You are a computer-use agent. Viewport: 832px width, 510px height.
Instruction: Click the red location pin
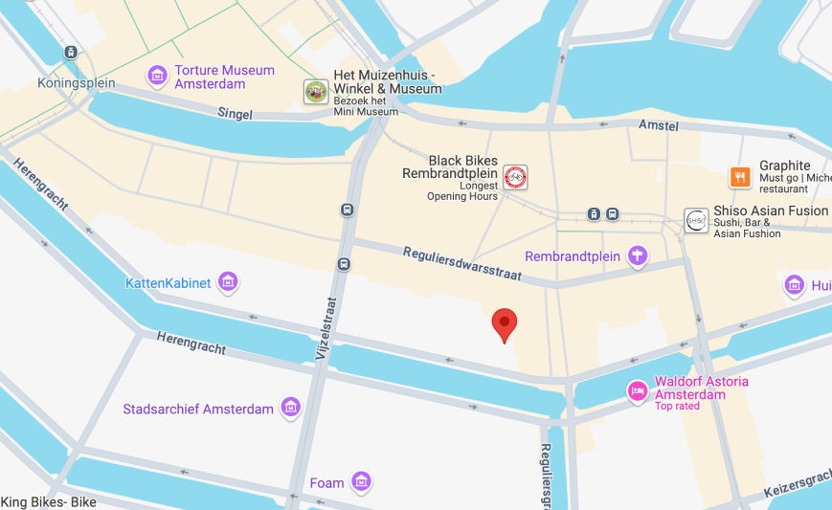505,324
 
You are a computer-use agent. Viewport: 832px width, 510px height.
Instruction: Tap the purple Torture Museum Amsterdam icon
157,75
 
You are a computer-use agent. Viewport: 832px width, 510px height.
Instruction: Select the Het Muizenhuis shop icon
316,92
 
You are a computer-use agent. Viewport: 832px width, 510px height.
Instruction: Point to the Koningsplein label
77,83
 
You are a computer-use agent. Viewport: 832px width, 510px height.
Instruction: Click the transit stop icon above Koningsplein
71,53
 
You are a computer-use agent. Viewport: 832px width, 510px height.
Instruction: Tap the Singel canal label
235,114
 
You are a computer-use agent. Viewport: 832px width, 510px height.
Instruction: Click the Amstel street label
659,125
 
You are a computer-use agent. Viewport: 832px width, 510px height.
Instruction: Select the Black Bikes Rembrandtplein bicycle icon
515,176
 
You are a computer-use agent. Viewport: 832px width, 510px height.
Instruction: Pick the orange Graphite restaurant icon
740,177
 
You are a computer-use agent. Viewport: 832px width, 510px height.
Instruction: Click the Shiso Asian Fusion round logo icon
696,220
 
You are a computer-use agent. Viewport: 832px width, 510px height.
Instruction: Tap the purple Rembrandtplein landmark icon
637,255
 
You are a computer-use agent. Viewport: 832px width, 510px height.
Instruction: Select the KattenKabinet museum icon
228,282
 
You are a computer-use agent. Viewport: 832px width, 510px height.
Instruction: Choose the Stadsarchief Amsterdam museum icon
290,409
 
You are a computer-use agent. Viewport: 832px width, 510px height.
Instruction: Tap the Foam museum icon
360,482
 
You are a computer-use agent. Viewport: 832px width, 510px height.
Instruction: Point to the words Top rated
677,407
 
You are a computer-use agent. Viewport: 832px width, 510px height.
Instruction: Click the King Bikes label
48,502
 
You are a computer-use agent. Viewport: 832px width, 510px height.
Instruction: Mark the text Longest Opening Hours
462,190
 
